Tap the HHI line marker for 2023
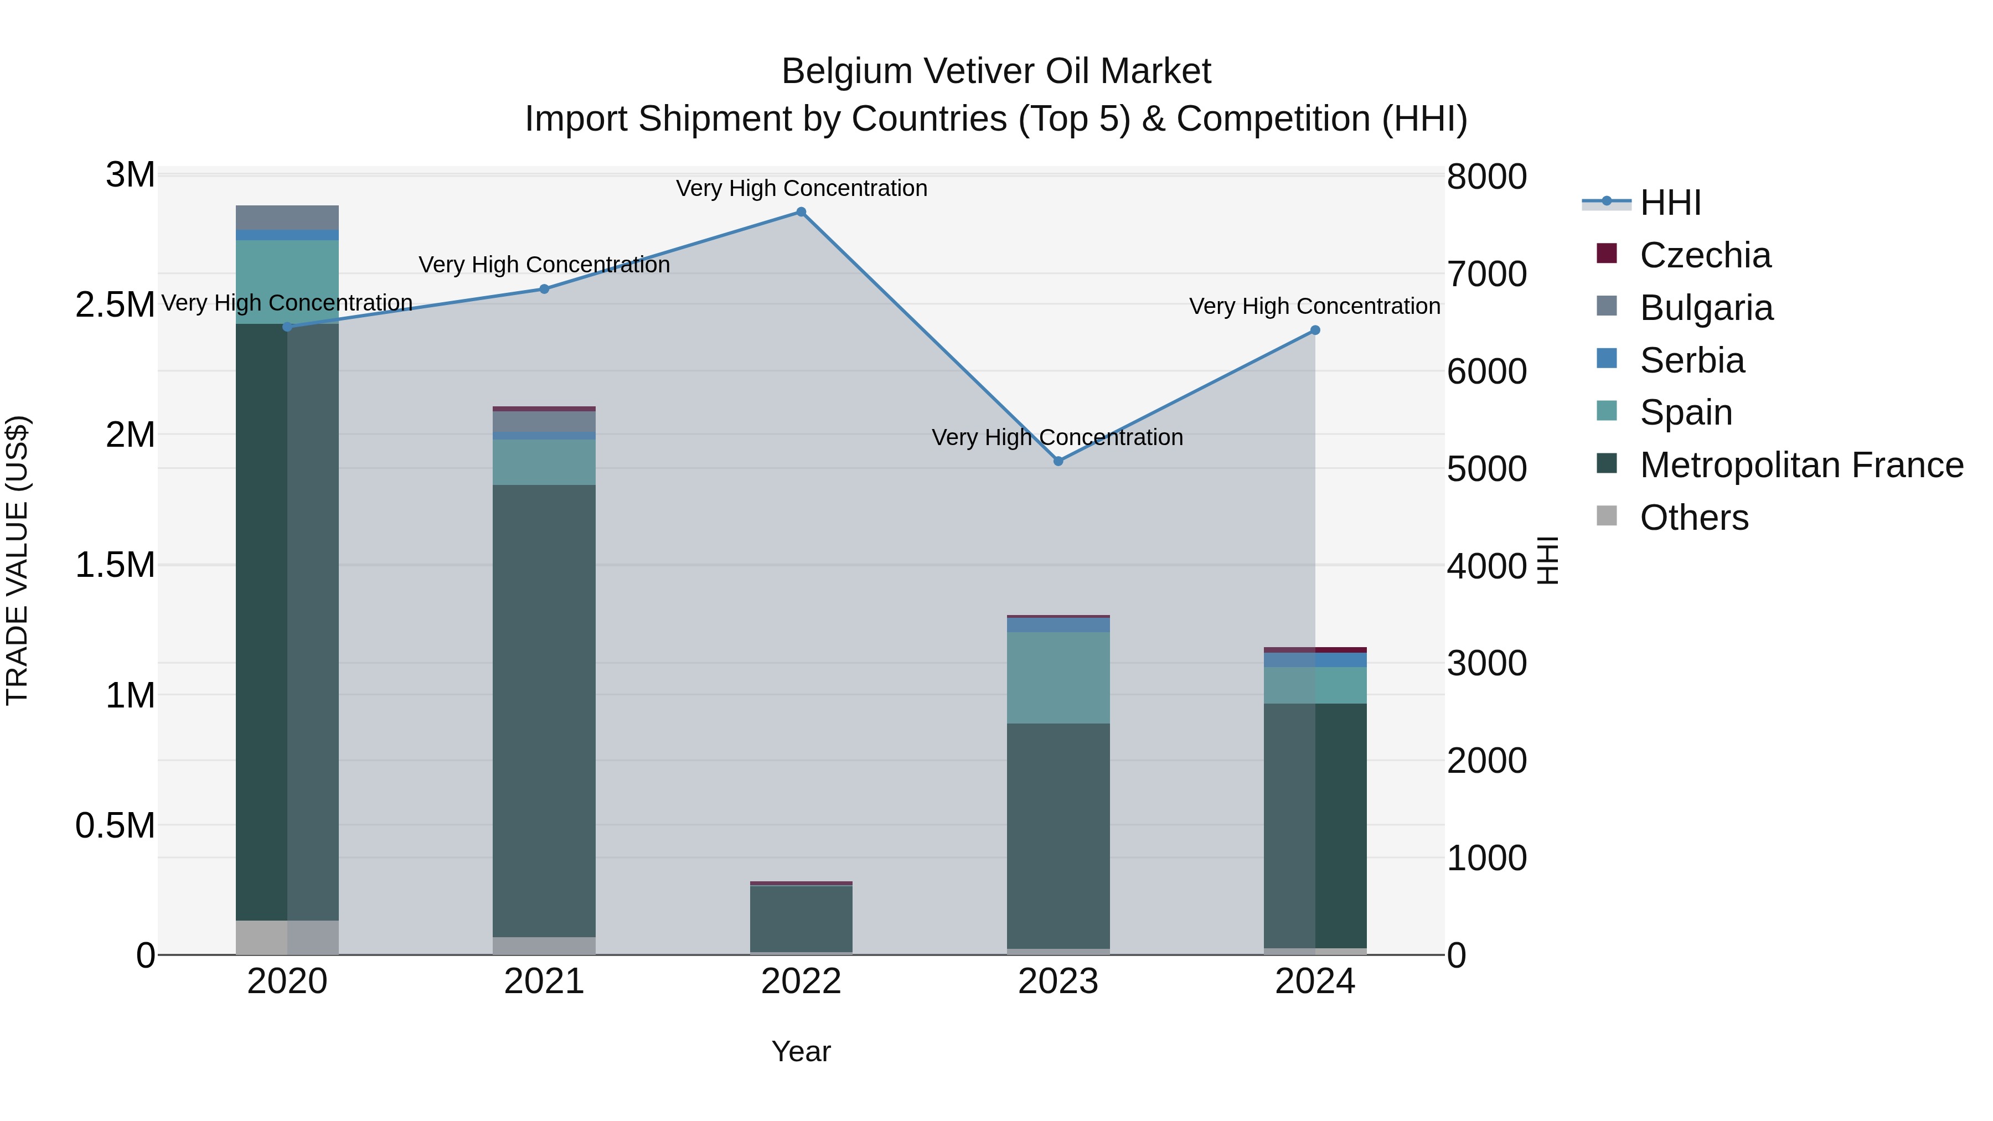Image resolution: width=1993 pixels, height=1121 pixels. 1059,461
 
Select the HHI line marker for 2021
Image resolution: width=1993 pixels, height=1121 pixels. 544,290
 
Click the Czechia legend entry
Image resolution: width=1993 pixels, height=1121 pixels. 1705,255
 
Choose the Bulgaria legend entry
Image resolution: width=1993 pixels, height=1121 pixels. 1706,308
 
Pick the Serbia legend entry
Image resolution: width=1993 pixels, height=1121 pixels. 1692,360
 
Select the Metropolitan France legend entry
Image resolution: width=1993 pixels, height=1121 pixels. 1801,465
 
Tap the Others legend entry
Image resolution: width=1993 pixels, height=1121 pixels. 1693,518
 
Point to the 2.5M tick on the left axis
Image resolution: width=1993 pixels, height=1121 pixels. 115,305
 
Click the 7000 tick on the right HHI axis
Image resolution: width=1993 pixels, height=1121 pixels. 1486,275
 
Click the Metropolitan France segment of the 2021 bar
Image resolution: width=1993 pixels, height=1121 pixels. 544,710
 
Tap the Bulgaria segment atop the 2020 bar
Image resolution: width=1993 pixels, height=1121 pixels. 287,218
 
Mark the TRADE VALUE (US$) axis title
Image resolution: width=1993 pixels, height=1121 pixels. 17,560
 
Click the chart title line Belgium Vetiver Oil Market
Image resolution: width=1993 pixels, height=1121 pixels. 996,71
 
